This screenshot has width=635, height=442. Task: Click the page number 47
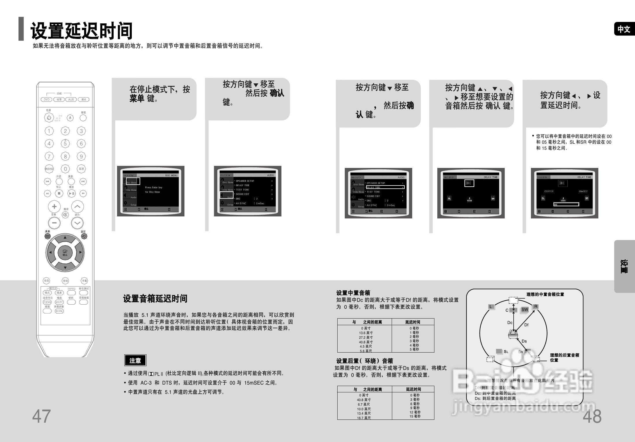click(x=41, y=416)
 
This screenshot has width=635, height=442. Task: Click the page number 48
click(x=592, y=416)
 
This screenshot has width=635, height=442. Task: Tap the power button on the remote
click(x=49, y=117)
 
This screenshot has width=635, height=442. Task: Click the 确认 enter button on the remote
click(x=65, y=252)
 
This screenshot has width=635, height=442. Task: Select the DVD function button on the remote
click(x=47, y=100)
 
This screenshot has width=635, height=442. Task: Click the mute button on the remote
click(x=66, y=215)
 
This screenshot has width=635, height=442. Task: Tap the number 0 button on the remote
click(x=65, y=169)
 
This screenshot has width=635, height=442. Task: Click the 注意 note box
click(x=135, y=360)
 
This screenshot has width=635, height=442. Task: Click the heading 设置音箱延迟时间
click(x=155, y=299)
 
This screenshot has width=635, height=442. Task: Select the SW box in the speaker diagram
click(x=525, y=310)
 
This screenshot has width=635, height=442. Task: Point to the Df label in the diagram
click(x=526, y=325)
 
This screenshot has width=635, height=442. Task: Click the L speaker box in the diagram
click(x=491, y=307)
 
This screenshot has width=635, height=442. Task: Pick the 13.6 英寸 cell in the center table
click(x=366, y=333)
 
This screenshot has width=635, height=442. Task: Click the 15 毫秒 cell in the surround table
click(x=415, y=416)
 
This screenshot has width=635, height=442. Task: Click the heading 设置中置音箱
click(x=353, y=293)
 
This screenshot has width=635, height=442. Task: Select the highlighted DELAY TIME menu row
click(x=385, y=187)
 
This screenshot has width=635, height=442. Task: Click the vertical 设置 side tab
click(x=624, y=266)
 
